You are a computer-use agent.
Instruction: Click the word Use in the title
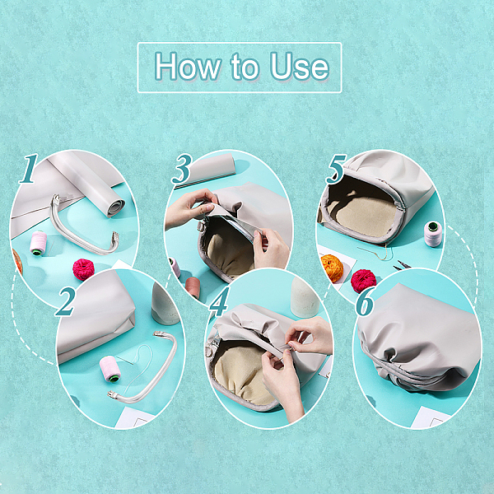pos(300,66)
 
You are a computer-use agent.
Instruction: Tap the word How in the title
pos(187,66)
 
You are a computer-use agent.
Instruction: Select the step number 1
pos(28,168)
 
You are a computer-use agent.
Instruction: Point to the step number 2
pos(66,301)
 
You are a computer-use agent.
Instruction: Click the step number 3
pos(181,169)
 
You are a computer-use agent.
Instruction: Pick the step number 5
pos(336,169)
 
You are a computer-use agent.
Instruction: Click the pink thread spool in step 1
pos(39,243)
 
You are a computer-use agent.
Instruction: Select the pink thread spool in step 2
pos(110,369)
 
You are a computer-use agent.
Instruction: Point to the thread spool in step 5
pos(433,234)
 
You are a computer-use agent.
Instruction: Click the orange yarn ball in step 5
pos(332,268)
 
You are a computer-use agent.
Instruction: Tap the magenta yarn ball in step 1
pos(83,269)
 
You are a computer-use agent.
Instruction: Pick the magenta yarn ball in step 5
pos(363,281)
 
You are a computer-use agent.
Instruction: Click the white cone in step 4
pos(305,296)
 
